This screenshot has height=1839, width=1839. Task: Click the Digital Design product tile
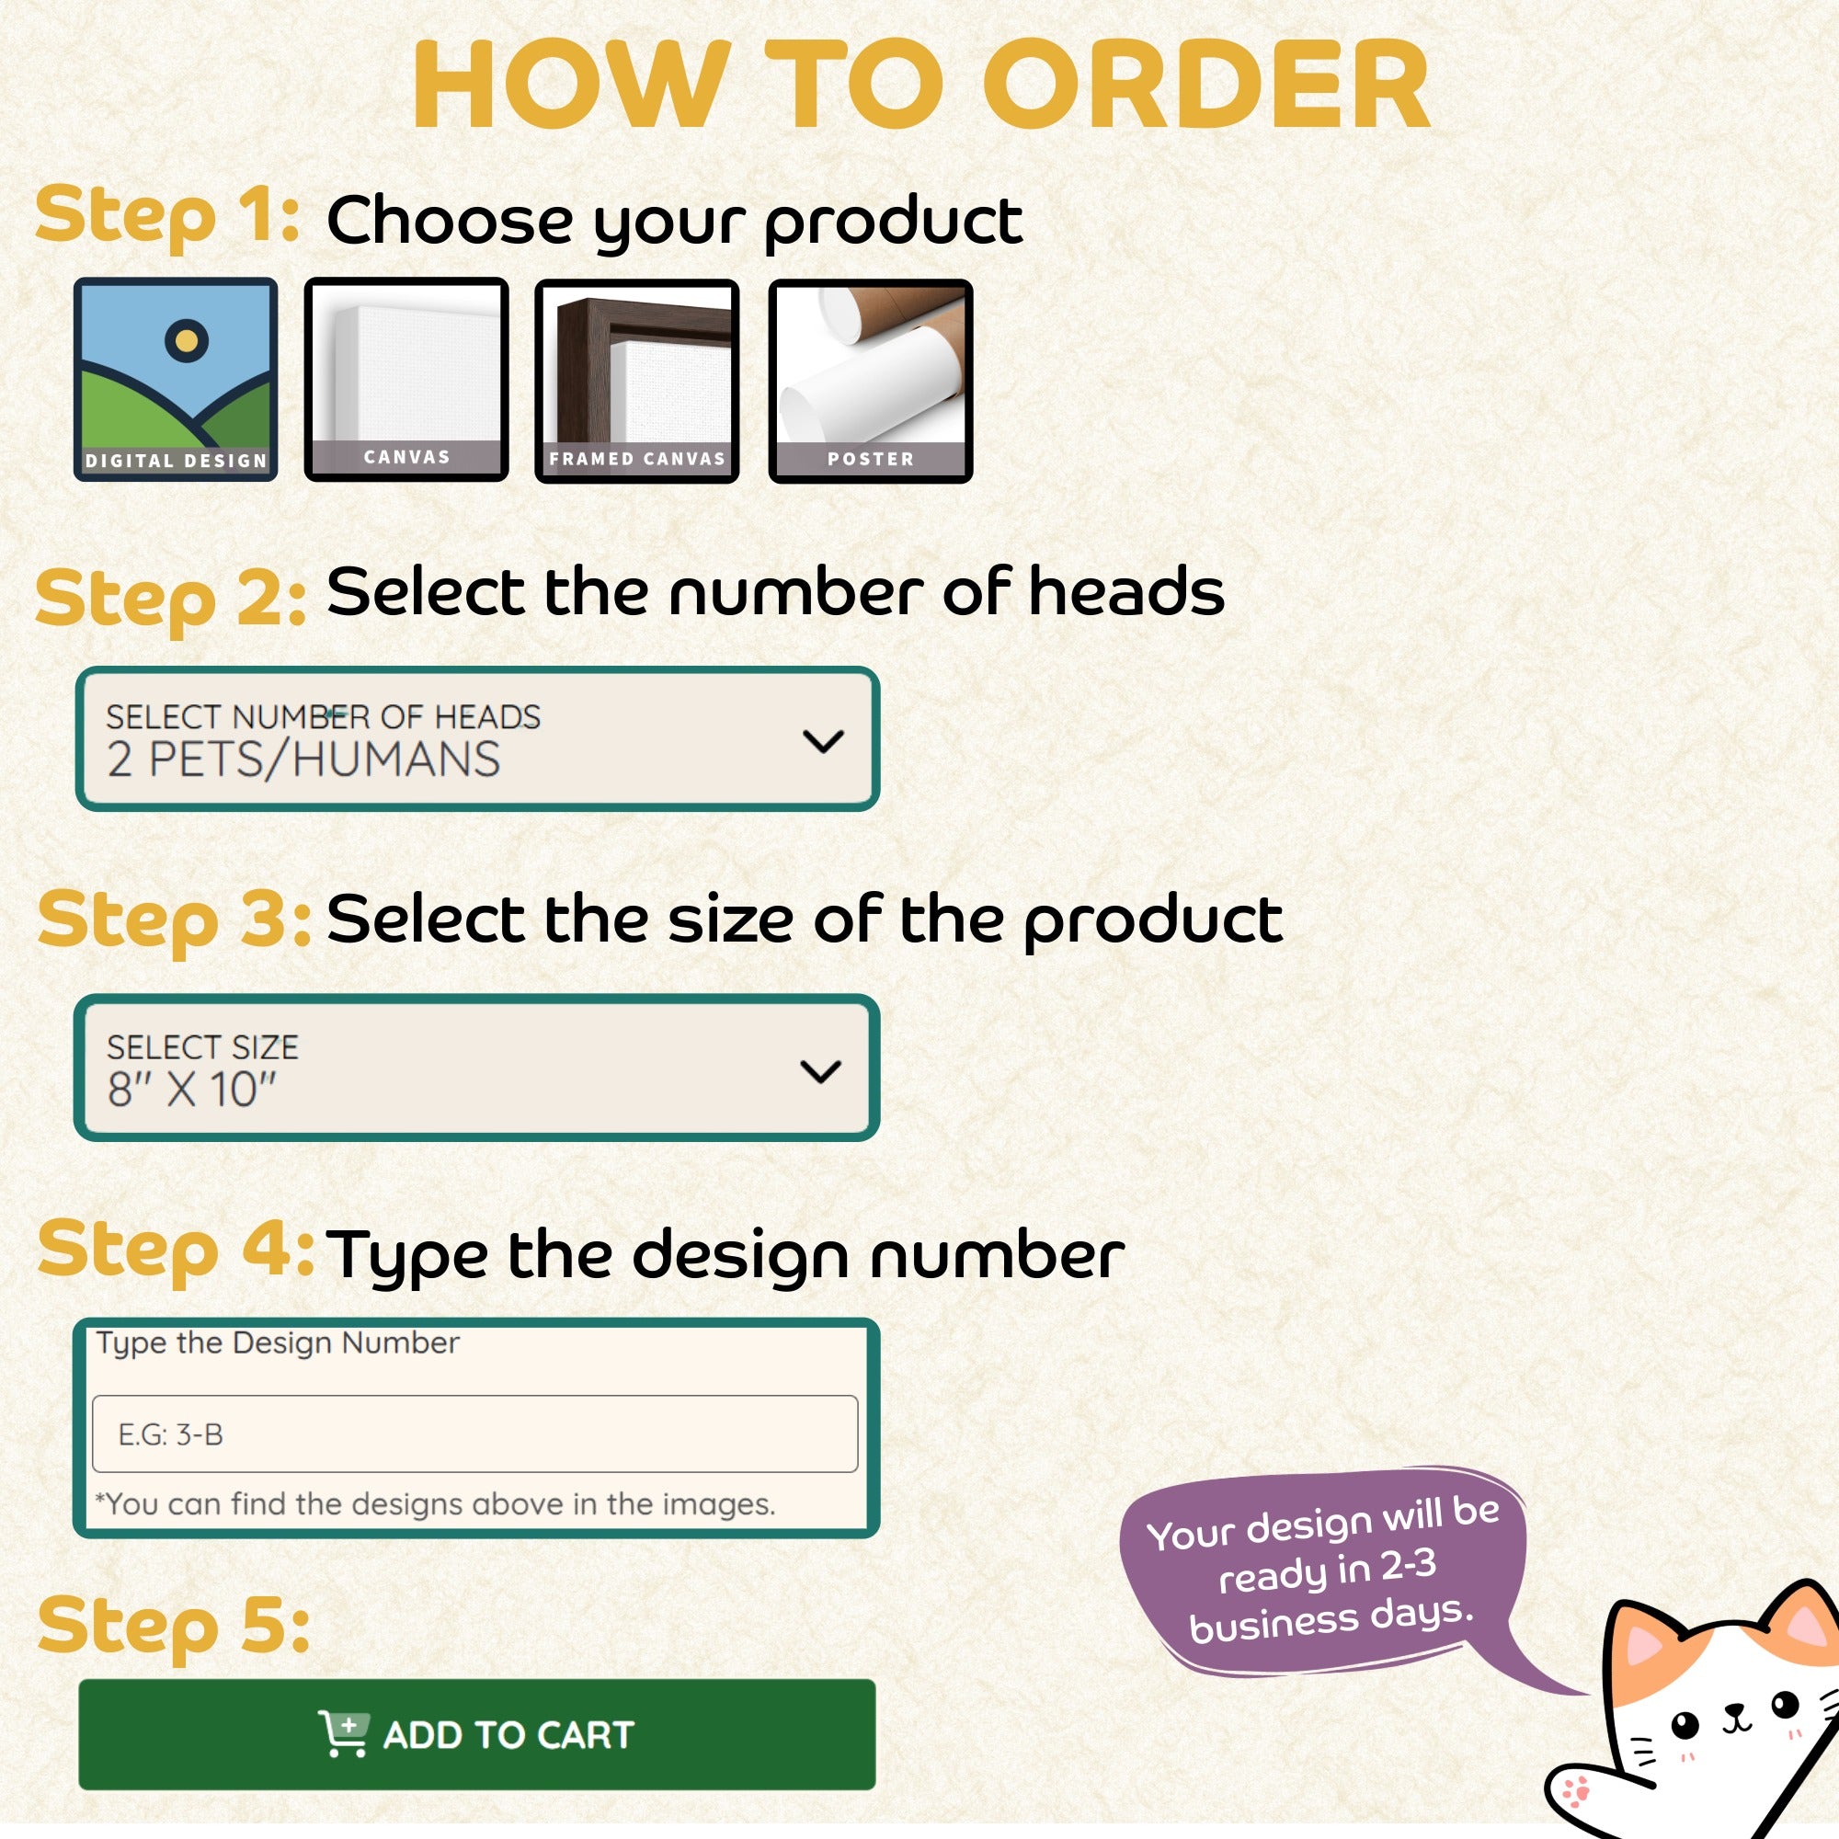pos(177,380)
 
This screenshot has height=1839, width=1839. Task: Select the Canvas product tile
pos(406,380)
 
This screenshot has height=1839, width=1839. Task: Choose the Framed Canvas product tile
pos(637,381)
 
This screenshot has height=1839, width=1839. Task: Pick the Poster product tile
pos(870,381)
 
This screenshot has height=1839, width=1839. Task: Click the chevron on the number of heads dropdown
pos(823,741)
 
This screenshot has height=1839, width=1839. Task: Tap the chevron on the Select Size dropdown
pos(820,1072)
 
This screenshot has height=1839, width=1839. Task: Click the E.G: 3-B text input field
pos(475,1434)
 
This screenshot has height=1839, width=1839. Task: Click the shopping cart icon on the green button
pos(344,1733)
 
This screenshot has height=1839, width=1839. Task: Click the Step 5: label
pos(173,1626)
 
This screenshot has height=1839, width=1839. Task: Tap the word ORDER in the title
pos(1205,85)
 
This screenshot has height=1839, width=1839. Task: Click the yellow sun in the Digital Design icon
pos(187,340)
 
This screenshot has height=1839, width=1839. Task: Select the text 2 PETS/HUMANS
pos(303,760)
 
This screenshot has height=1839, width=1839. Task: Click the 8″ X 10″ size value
pos(191,1090)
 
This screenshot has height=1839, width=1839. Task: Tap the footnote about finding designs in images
pos(435,1504)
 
